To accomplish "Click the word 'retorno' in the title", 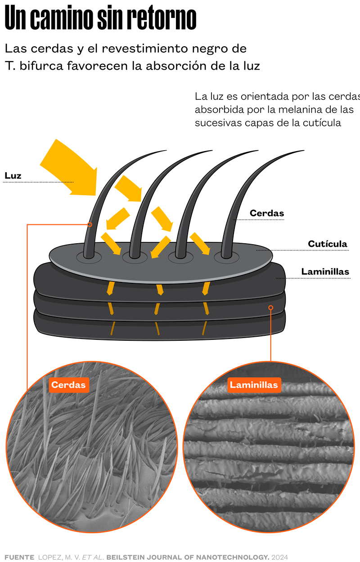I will click(162, 19).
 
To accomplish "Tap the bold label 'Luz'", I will click(13, 176).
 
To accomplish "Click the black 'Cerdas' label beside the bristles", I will click(267, 213).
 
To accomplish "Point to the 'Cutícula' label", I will click(328, 244).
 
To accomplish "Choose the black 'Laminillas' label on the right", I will click(324, 272).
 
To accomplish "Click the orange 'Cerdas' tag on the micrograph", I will click(68, 385).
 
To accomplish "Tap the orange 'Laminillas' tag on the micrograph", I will click(254, 385).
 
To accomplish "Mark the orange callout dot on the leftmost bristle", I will click(90, 224).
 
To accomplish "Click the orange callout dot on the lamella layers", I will click(271, 308).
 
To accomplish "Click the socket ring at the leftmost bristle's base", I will click(89, 258).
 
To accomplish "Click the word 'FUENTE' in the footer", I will click(19, 557).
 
